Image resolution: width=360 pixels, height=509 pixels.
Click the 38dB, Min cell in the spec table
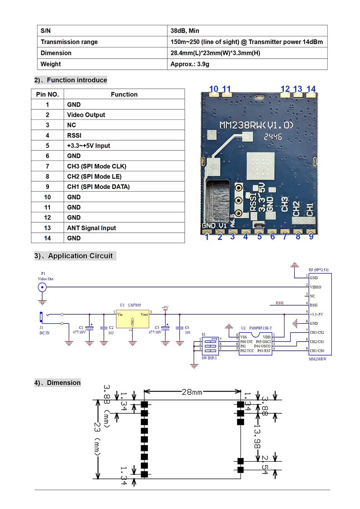[185, 31]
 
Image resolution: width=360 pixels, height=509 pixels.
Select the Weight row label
[51, 64]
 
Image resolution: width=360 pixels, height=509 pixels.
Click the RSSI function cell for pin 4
[74, 135]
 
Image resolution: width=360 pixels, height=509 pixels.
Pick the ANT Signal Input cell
[91, 228]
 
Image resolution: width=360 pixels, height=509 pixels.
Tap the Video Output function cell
[86, 115]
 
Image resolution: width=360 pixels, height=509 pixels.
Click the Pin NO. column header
[48, 94]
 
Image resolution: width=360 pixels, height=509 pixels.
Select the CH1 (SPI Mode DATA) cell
[98, 187]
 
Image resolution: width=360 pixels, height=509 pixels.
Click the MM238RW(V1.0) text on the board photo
[256, 125]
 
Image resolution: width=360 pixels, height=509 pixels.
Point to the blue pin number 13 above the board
[297, 89]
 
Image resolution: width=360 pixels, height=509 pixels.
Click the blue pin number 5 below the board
[259, 237]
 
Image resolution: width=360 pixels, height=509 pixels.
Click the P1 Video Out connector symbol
[42, 287]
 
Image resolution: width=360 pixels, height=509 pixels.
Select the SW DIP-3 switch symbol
[210, 346]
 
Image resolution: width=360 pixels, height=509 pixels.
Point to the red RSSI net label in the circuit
[279, 303]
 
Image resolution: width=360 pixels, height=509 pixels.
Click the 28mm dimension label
[192, 392]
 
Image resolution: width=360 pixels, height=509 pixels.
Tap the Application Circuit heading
[80, 256]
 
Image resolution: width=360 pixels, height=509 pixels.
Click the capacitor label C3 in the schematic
[157, 328]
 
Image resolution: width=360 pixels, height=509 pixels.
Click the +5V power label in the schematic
[165, 308]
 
